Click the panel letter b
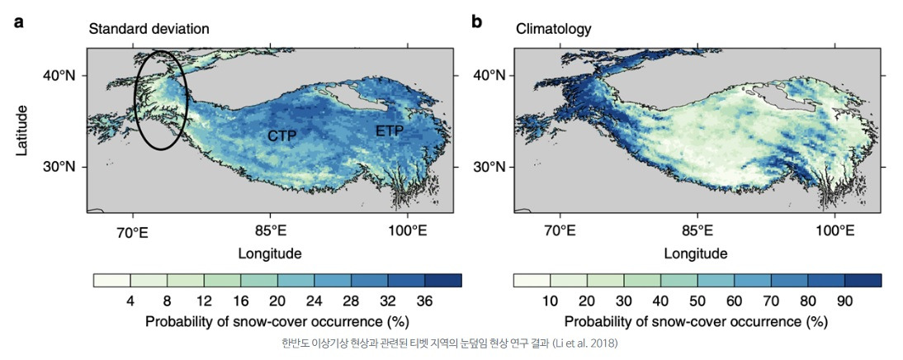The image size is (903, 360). pyautogui.click(x=476, y=21)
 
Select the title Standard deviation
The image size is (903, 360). pyautogui.click(x=149, y=29)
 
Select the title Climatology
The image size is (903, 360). pyautogui.click(x=554, y=29)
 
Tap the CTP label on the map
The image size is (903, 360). pyautogui.click(x=282, y=135)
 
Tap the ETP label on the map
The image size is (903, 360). pyautogui.click(x=390, y=131)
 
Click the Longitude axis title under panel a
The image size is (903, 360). pyautogui.click(x=269, y=253)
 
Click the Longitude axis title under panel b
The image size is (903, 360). pyautogui.click(x=696, y=253)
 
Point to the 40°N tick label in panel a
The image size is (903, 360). pyautogui.click(x=60, y=75)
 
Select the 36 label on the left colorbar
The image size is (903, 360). pyautogui.click(x=424, y=300)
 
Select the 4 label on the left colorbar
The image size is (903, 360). pyautogui.click(x=130, y=300)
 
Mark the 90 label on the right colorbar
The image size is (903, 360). pyautogui.click(x=844, y=300)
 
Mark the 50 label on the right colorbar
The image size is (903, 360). pyautogui.click(x=697, y=300)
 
